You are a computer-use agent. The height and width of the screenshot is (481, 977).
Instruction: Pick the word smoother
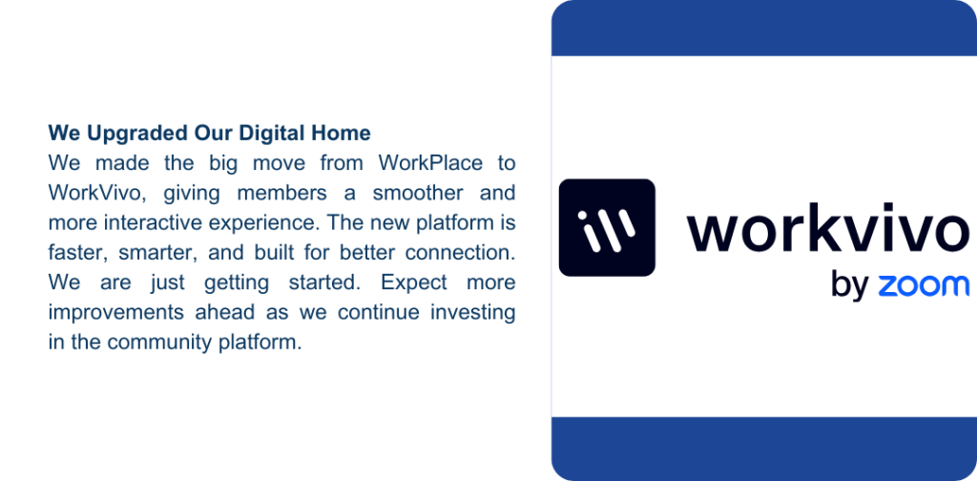pyautogui.click(x=419, y=193)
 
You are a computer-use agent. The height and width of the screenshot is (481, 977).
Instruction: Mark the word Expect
pyautogui.click(x=414, y=283)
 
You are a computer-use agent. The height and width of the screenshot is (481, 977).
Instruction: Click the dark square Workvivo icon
pyautogui.click(x=607, y=227)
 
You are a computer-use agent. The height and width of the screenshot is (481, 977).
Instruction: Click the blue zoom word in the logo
pyautogui.click(x=924, y=285)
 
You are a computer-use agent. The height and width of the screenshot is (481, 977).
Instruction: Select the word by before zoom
pyautogui.click(x=849, y=285)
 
